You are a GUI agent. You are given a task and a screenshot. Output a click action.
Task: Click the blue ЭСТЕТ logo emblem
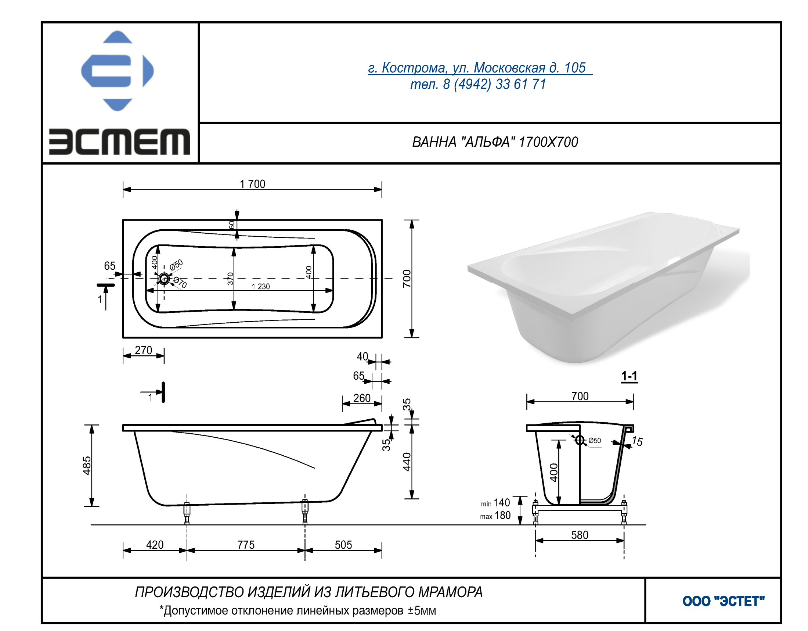coord(117,71)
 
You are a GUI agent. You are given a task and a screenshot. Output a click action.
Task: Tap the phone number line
coord(478,85)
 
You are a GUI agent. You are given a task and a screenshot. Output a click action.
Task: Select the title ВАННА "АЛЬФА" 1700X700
coord(495,142)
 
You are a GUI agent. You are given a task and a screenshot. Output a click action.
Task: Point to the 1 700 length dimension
coord(252,184)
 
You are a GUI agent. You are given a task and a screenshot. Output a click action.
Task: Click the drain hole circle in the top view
coord(164,279)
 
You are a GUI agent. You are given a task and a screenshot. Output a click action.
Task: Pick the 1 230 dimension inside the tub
coord(261,286)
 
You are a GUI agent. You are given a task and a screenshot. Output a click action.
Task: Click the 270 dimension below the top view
coord(144,350)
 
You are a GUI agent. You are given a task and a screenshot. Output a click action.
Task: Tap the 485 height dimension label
coord(87,466)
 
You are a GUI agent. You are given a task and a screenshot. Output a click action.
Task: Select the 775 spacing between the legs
coord(246,545)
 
